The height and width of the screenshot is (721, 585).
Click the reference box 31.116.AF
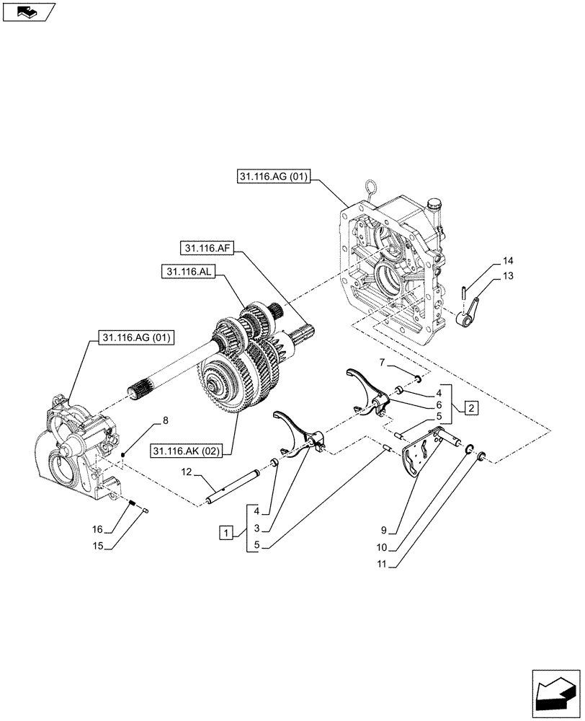click(207, 248)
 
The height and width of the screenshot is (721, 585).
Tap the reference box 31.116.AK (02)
click(187, 451)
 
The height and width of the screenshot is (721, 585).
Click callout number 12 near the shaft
click(187, 472)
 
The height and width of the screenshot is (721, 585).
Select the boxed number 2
click(469, 409)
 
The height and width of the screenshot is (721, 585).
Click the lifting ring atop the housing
click(372, 190)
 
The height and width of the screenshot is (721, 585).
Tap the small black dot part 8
click(125, 454)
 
